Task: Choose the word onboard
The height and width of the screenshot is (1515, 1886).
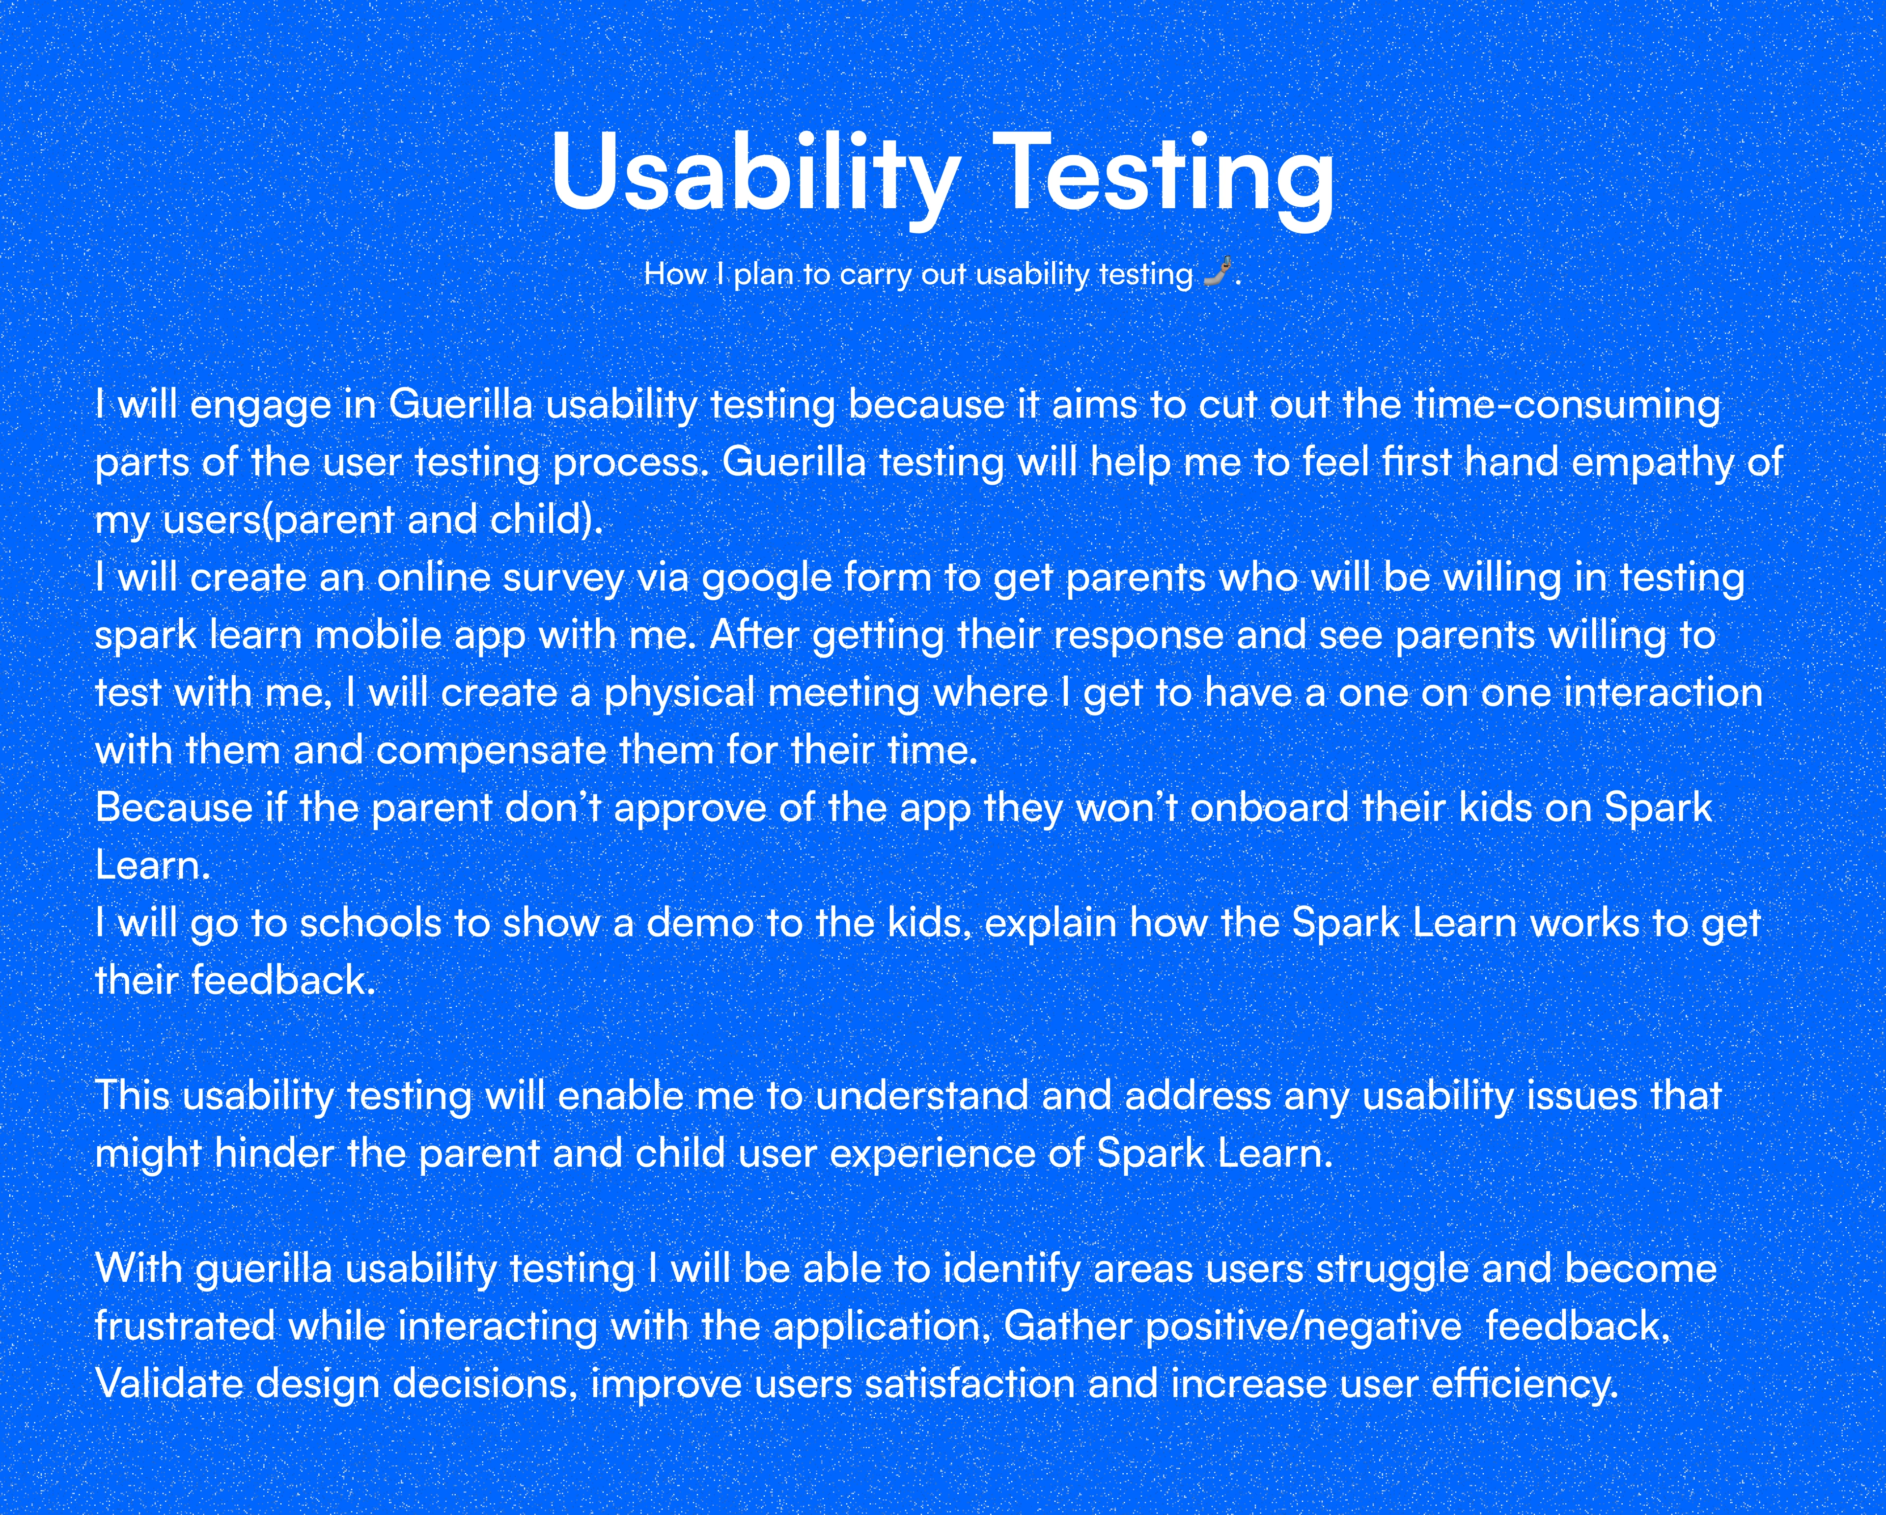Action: click(1269, 807)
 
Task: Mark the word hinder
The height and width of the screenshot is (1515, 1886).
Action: click(274, 1154)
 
